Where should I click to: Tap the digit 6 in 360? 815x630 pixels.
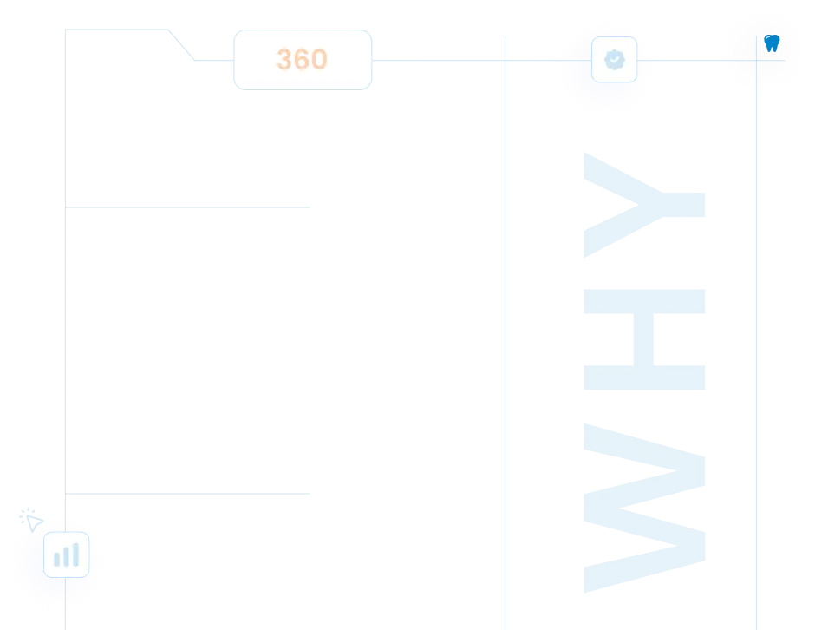[x=302, y=59]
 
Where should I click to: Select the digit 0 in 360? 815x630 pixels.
[x=318, y=59]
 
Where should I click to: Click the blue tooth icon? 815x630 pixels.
[x=772, y=43]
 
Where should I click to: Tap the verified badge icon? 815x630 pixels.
[x=615, y=60]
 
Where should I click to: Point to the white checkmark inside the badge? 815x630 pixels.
[x=615, y=60]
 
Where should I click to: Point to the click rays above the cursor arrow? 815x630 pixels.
[x=25, y=514]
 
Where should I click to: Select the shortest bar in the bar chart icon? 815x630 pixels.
[x=56, y=559]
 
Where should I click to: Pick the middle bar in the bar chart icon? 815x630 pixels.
[x=66, y=556]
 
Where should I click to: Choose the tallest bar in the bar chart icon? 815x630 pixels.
[x=76, y=555]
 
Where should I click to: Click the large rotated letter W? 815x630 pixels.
[x=644, y=509]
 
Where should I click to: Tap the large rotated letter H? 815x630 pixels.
[x=644, y=339]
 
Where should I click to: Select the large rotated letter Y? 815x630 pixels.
[x=644, y=205]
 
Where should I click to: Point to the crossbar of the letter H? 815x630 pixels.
[x=643, y=339]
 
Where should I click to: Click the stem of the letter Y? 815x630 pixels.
[x=683, y=205]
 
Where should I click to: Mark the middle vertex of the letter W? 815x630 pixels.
[x=621, y=509]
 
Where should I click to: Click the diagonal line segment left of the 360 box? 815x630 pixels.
[x=181, y=45]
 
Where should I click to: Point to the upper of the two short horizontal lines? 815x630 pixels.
[x=187, y=207]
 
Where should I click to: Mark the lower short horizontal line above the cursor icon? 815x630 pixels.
[x=187, y=493]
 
